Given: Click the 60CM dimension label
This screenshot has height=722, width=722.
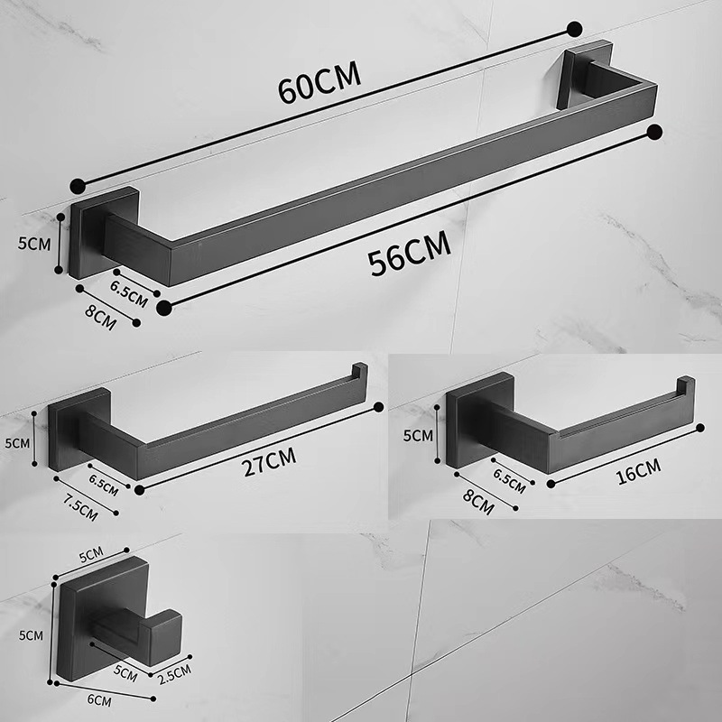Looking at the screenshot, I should coord(319,83).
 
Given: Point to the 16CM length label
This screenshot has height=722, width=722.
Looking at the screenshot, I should coord(636,468).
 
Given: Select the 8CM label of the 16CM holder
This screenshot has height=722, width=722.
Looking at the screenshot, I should coord(477,501).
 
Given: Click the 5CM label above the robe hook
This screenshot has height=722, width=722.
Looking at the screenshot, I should coord(89,551).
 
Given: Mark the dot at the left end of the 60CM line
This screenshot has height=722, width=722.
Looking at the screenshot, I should coord(79,186).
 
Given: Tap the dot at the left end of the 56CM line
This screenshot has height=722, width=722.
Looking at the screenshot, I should coord(163,308).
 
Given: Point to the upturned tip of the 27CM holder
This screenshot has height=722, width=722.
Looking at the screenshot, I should coord(358,373).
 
